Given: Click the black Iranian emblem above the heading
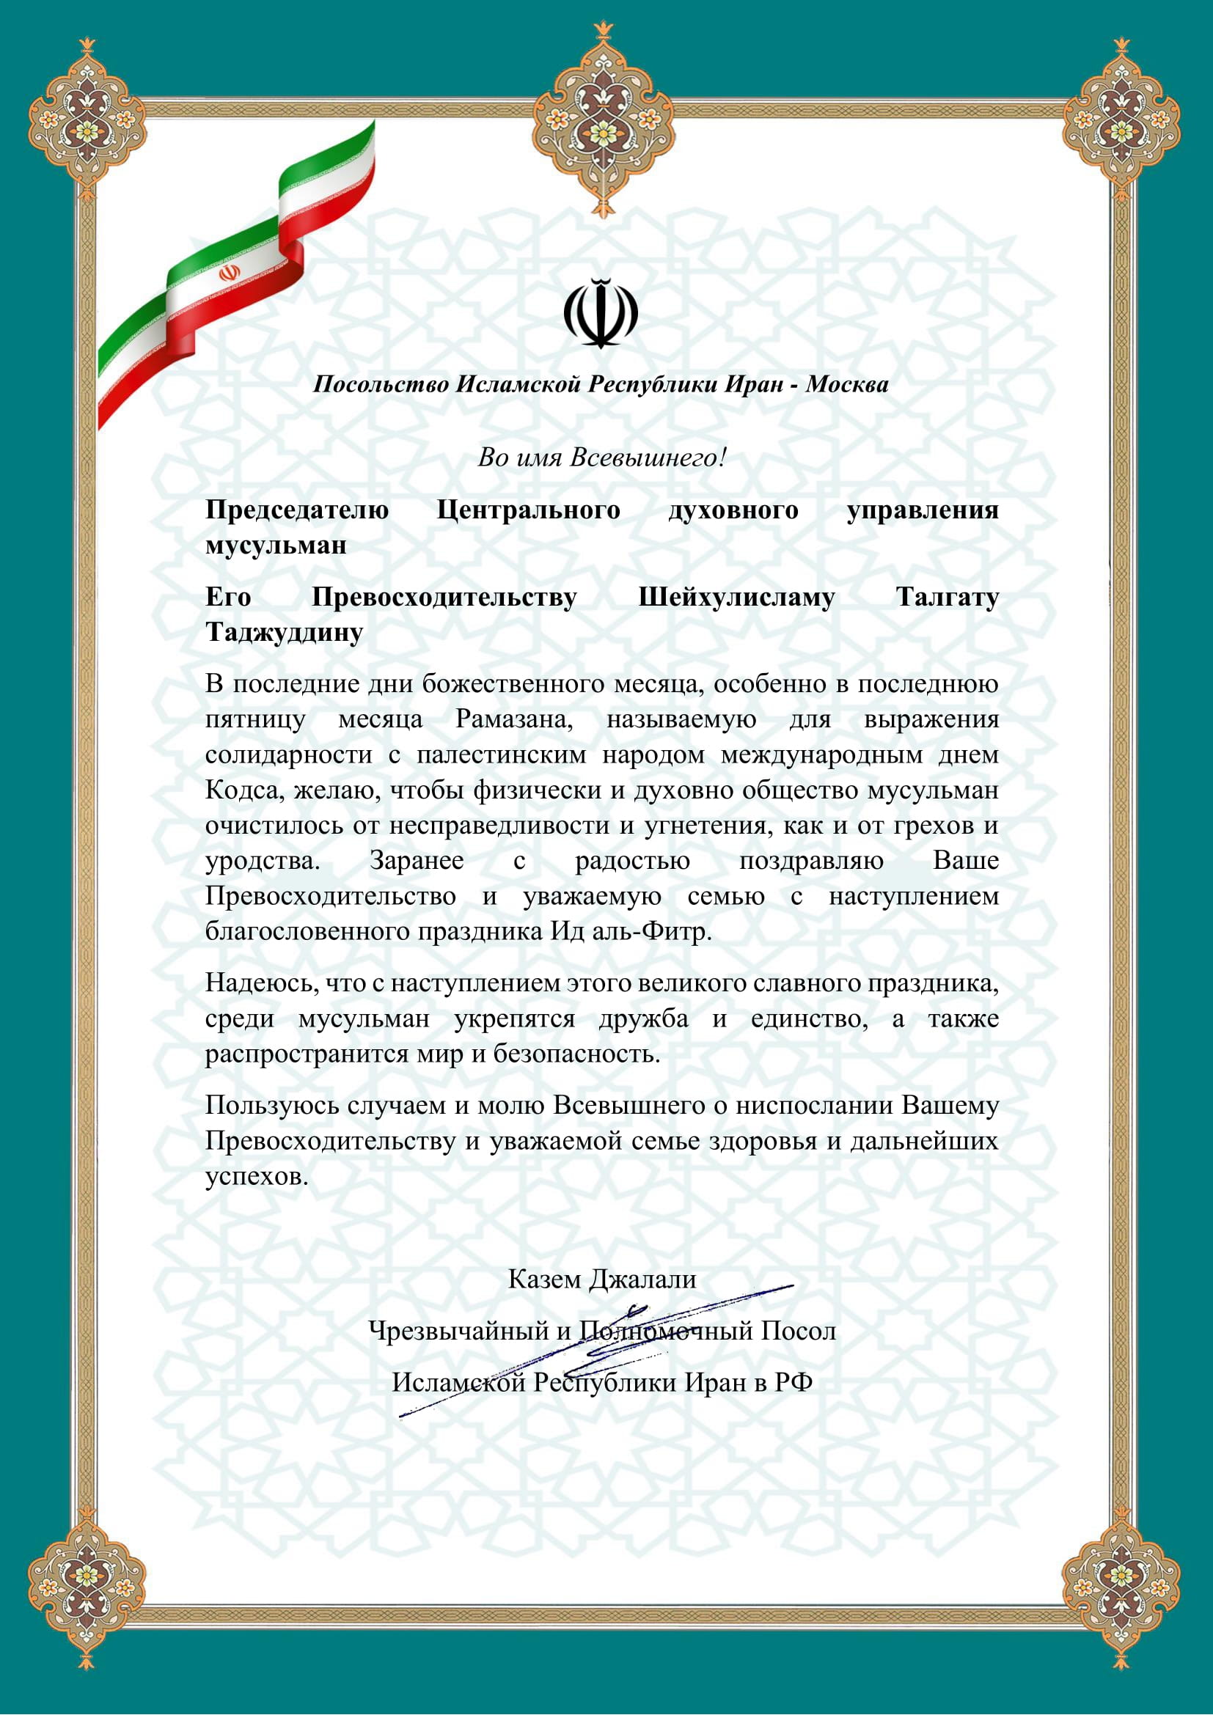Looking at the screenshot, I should coord(601,313).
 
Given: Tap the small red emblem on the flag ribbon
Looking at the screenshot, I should coord(230,273).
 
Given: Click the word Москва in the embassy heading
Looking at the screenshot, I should coord(846,385).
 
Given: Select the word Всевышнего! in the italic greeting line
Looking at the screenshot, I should coord(648,457).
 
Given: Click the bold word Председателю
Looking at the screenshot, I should coord(297,510).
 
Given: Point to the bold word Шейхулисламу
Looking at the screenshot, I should coord(736,598).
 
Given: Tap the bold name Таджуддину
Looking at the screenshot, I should coord(284,633).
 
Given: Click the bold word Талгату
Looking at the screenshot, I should coord(947,598).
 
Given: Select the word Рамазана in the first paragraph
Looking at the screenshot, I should coord(514,719).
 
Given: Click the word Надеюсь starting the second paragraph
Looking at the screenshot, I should coord(261,983).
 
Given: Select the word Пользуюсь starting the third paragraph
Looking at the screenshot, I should coord(272,1106).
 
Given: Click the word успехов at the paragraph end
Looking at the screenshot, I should coord(256,1176).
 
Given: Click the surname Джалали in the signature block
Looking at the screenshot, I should coord(642,1280).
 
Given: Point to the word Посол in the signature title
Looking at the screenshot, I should coord(798,1332).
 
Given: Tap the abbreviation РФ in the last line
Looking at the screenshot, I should coord(794,1384).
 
